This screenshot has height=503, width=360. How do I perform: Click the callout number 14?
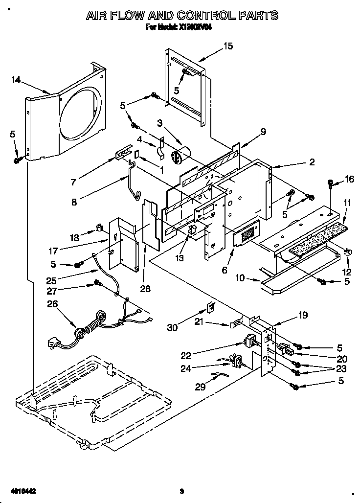(17, 79)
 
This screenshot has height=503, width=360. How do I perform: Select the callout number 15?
(228, 46)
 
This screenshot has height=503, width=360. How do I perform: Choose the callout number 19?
(303, 316)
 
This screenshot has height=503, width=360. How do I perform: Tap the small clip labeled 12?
(348, 252)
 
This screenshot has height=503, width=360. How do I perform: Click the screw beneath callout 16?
(330, 184)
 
